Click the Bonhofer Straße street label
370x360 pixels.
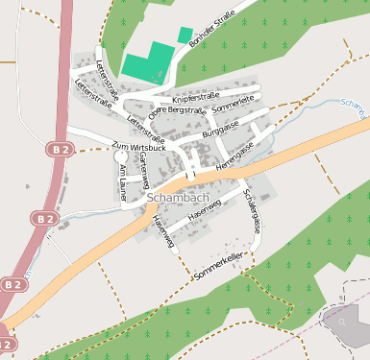pyautogui.click(x=212, y=31)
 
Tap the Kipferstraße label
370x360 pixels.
pyautogui.click(x=195, y=97)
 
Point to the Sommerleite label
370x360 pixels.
pyautogui.click(x=233, y=100)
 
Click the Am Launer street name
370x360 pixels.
pyautogui.click(x=122, y=180)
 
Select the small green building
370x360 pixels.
pyautogui.click(x=185, y=35)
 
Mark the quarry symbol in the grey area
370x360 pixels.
pyautogui.click(x=343, y=323)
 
